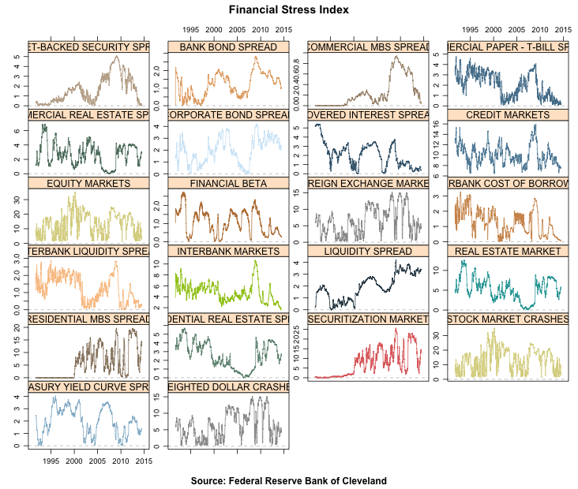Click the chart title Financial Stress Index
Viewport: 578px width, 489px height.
click(x=289, y=10)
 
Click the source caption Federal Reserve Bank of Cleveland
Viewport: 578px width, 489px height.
click(x=289, y=480)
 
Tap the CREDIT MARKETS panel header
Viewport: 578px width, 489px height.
click(x=507, y=115)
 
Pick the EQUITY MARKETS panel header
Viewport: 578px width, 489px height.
click(x=88, y=183)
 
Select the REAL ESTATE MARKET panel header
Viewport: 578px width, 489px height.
click(x=507, y=251)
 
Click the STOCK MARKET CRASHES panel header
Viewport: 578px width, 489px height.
click(x=507, y=319)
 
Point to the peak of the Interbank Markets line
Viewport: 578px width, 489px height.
click(x=256, y=261)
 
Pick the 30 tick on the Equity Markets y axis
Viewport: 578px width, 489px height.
click(x=19, y=197)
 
